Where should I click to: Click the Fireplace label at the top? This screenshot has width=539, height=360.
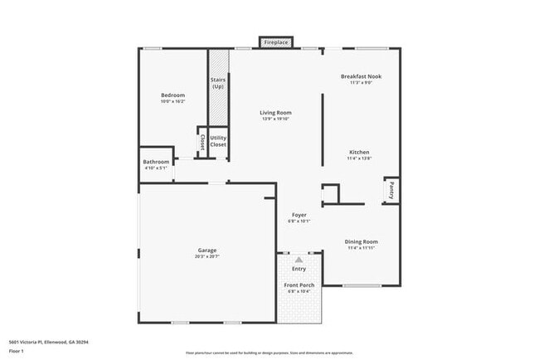click(x=275, y=42)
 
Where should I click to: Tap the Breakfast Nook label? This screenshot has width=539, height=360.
click(x=361, y=76)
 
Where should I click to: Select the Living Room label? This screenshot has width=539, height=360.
click(x=276, y=113)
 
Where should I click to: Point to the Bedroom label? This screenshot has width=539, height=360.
click(x=172, y=95)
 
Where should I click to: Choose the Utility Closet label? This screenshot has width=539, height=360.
click(x=218, y=141)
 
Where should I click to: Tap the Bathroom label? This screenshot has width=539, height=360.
click(x=156, y=162)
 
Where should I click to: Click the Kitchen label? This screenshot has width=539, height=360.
click(x=359, y=153)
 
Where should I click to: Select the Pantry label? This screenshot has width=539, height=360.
click(x=391, y=191)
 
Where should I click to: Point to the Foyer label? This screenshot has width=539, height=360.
click(x=299, y=215)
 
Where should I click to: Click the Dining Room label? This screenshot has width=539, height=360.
click(x=361, y=241)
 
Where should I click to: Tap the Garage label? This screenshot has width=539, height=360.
click(x=207, y=251)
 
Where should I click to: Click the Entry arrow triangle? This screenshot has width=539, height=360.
click(x=299, y=260)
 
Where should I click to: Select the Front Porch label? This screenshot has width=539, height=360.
click(x=299, y=285)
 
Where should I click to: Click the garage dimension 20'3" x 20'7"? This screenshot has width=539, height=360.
click(x=207, y=257)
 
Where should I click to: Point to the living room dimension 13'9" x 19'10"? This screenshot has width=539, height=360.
click(x=276, y=119)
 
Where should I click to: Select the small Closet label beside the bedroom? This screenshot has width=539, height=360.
click(x=202, y=142)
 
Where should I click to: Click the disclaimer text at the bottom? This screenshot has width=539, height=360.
click(x=269, y=353)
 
